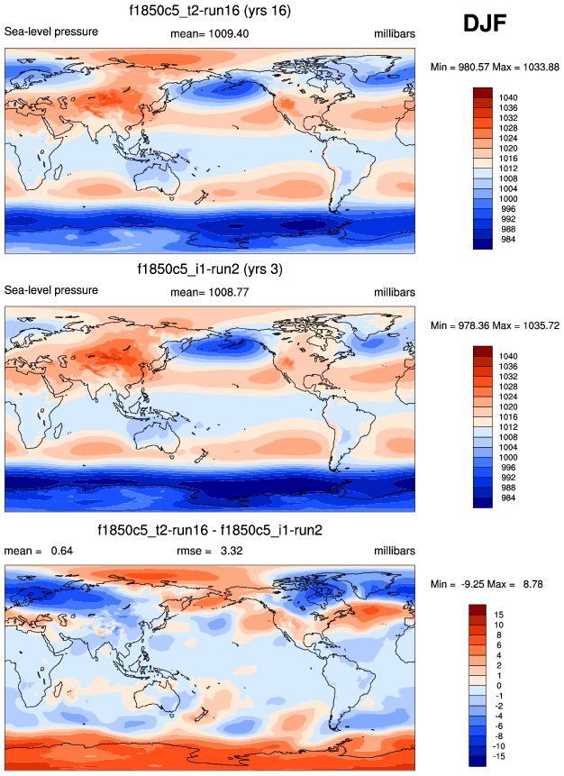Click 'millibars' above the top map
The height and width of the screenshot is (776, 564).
click(395, 33)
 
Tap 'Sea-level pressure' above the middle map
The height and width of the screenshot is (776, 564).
click(51, 290)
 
